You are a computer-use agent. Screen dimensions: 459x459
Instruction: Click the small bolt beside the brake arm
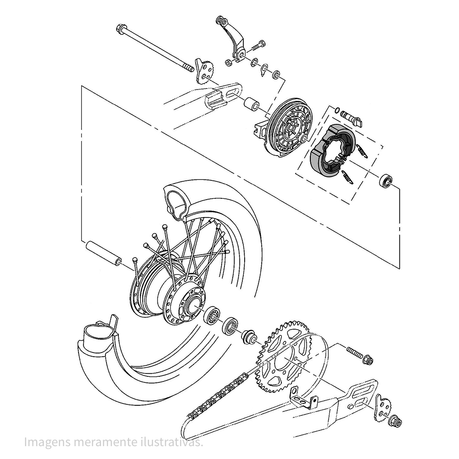point(258,46)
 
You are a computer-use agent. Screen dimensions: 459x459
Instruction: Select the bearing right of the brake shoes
point(386,180)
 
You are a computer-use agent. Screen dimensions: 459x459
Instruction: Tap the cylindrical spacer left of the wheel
point(103,252)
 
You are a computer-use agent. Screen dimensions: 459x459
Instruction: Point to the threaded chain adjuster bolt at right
point(358,354)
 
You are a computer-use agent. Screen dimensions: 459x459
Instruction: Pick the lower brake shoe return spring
point(347,177)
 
